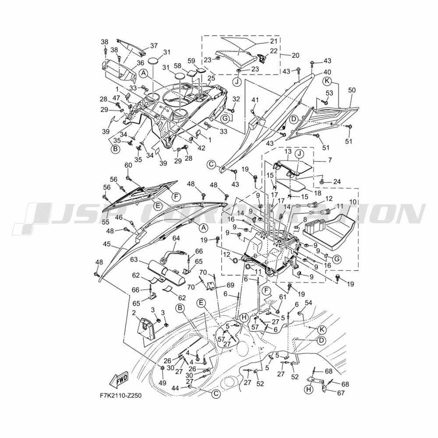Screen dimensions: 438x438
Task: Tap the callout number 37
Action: tap(154, 46)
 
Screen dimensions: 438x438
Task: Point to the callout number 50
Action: tap(352, 90)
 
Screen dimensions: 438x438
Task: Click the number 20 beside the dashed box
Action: tap(295, 55)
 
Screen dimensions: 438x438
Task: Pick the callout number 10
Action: tap(353, 201)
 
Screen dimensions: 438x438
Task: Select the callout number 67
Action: tap(341, 393)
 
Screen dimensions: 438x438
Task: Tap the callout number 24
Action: tap(337, 182)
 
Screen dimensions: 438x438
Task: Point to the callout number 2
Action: tap(134, 312)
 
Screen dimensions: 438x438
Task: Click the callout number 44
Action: tap(183, 388)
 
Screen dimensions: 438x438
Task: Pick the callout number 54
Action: tap(308, 303)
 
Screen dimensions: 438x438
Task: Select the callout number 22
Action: tap(274, 50)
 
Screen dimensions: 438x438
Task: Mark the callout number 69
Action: tap(230, 285)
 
